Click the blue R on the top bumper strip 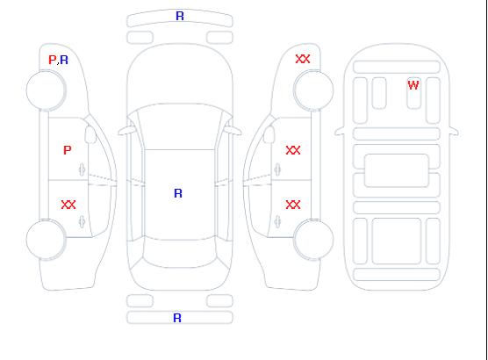click(x=180, y=16)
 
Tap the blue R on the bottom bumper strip click(x=177, y=318)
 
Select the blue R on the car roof click(x=178, y=193)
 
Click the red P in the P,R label click(x=53, y=60)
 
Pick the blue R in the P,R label click(x=64, y=60)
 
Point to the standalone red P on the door click(x=68, y=150)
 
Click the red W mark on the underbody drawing click(x=413, y=85)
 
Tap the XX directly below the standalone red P click(x=68, y=205)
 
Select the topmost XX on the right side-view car click(x=303, y=59)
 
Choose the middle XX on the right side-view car click(x=293, y=150)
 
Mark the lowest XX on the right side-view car click(x=293, y=205)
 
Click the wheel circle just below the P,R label click(x=46, y=90)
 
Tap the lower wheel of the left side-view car click(x=46, y=240)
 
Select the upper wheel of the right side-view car click(x=313, y=90)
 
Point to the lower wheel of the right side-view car click(x=313, y=240)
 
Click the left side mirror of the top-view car click(x=126, y=131)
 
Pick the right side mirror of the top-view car click(x=233, y=131)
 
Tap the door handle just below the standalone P click(x=82, y=169)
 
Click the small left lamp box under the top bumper click(x=140, y=38)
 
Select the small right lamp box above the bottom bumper click(x=219, y=301)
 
